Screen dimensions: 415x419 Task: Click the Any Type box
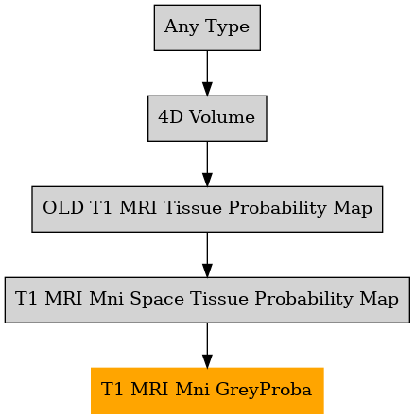click(207, 27)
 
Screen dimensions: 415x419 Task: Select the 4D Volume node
click(207, 118)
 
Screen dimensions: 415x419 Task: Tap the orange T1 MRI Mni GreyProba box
click(207, 391)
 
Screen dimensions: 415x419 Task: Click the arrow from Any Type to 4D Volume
click(207, 73)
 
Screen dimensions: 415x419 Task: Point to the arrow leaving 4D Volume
click(207, 164)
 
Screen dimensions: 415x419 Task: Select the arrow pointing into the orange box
click(207, 345)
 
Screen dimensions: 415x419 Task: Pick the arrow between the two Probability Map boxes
click(207, 254)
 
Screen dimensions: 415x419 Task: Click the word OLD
click(63, 208)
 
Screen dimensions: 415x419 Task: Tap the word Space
click(157, 299)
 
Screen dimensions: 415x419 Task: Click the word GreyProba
click(264, 389)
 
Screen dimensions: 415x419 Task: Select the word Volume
click(222, 117)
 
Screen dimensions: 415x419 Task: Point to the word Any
click(182, 26)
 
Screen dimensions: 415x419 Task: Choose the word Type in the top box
click(227, 26)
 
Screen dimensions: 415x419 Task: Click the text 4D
click(170, 117)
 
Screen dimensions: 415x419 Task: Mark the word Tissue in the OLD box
click(193, 208)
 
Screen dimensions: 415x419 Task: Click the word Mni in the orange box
click(192, 389)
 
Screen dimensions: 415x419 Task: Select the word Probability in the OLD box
click(278, 208)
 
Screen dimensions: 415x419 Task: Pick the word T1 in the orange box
click(112, 389)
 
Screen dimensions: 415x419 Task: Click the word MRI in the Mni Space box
click(63, 299)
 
